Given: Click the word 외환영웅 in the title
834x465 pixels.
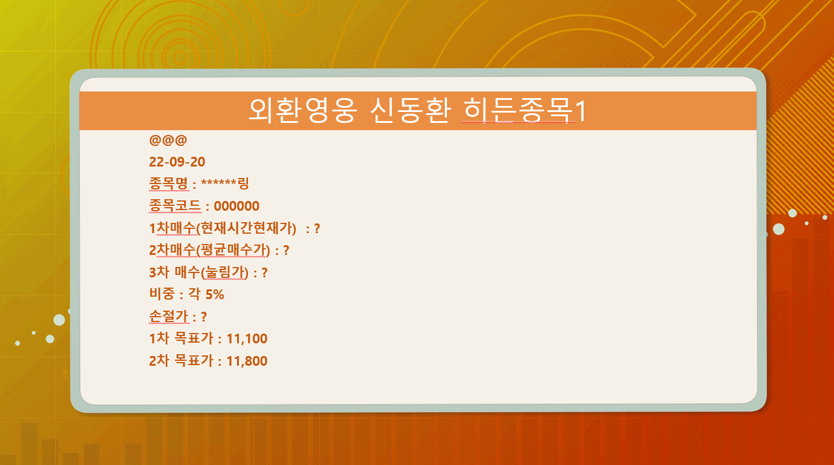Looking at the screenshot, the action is tap(303, 111).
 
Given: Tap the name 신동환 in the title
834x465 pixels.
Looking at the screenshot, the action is tap(411, 111).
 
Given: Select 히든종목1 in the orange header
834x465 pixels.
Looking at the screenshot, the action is tap(525, 111).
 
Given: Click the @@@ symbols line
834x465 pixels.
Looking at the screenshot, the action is tap(168, 140).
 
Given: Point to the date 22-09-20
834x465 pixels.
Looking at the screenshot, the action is tap(177, 162).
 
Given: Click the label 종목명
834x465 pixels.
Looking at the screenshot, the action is tap(169, 183).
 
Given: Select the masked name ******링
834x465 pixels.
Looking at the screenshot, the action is tap(225, 183).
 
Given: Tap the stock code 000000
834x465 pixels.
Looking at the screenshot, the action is tap(236, 206).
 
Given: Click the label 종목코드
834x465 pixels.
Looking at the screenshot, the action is tap(175, 205).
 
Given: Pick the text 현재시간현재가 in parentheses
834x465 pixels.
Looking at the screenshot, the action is tap(246, 228).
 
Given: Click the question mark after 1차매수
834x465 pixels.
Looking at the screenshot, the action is tap(317, 228).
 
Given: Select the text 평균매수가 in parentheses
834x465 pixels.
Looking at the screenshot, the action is tap(233, 250).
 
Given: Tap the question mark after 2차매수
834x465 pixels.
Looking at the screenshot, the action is tap(286, 251).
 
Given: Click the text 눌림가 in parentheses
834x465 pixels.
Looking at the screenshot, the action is tap(224, 272).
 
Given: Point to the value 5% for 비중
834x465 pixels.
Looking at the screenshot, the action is tap(215, 295).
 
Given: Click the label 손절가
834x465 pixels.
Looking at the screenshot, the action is tap(169, 316).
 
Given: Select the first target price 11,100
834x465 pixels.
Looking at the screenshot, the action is tap(247, 338).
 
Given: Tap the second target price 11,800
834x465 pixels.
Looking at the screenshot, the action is tap(247, 361).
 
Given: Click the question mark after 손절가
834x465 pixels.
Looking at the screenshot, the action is tap(204, 317).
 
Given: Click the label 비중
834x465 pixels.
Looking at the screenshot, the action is tap(162, 294).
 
